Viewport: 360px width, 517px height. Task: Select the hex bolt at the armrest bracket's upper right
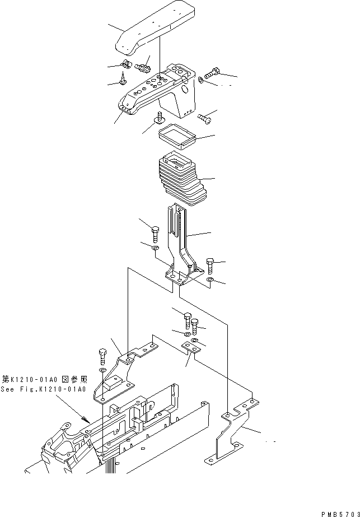point(212,72)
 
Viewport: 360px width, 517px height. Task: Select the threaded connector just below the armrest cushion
point(142,67)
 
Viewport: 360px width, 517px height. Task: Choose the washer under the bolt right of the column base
point(209,279)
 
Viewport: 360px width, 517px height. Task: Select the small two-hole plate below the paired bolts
point(191,348)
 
